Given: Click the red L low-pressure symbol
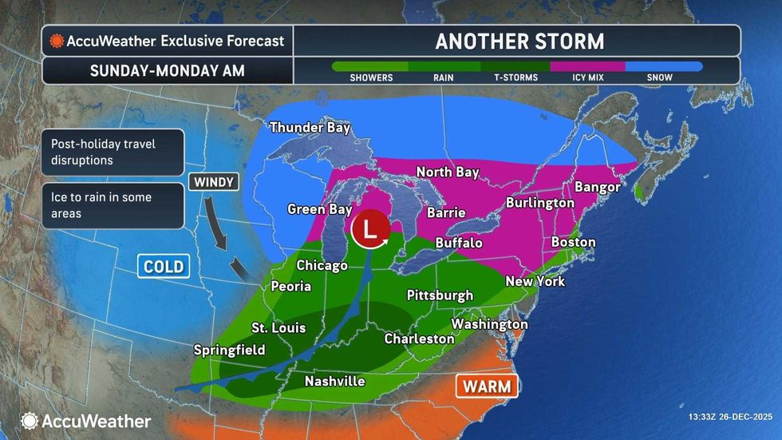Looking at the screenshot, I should coord(368,229).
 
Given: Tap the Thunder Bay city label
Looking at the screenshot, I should coord(310,128).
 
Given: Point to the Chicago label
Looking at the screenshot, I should coord(322,265).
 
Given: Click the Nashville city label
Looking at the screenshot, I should coord(335,381).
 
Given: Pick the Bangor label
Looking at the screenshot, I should coord(597,187).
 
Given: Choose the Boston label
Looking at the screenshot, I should coord(573,242).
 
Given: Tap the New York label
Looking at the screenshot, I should coord(535,281).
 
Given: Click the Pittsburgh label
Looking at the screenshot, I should coord(440,295).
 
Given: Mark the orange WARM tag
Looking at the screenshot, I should coord(487,386).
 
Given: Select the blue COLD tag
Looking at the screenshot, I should coord(164,266).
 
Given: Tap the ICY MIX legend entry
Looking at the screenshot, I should coord(589,77).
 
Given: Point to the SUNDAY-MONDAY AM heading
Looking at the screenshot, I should coord(167,70).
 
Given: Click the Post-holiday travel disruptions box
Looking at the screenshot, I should coord(113,152).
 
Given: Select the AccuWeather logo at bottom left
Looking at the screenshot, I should coord(86,420).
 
